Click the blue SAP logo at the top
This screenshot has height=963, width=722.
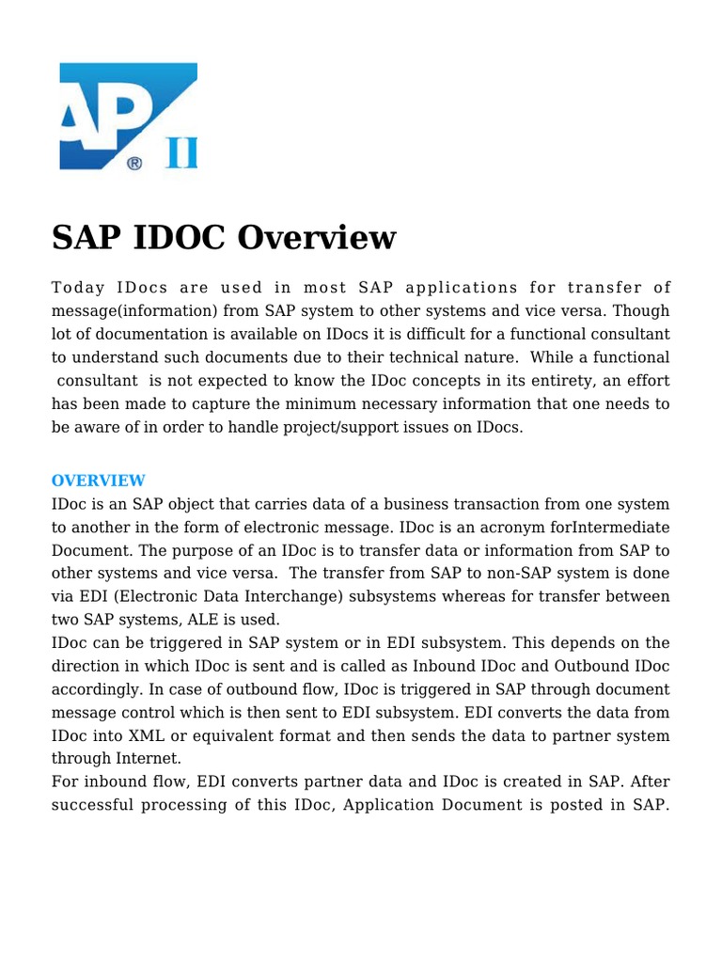pos(128,116)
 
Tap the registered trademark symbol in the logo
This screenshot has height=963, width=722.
pos(134,163)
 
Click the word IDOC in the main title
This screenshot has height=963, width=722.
pos(175,237)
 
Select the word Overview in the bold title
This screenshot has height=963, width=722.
pos(317,237)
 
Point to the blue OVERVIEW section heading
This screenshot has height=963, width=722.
pos(98,481)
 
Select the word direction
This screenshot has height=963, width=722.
pos(84,666)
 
